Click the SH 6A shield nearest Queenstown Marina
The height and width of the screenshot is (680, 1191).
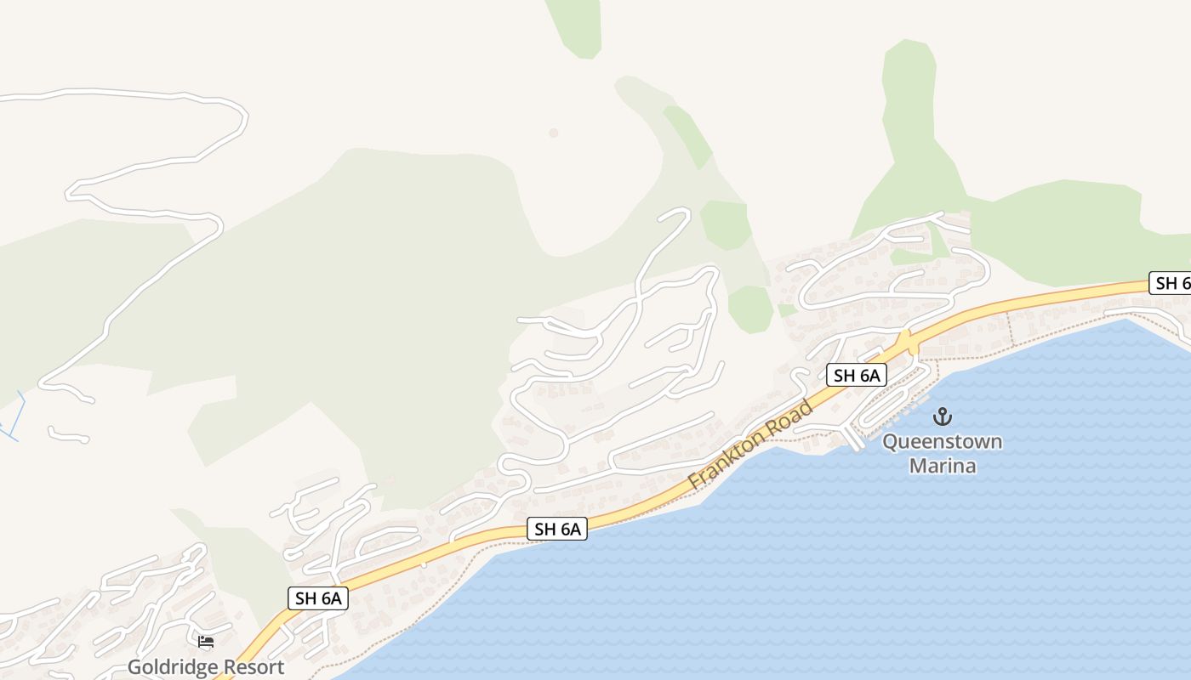click(x=857, y=375)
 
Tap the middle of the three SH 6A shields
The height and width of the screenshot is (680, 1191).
click(x=557, y=529)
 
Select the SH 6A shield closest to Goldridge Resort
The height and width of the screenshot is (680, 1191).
click(x=318, y=598)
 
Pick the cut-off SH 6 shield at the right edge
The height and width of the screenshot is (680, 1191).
click(x=1171, y=283)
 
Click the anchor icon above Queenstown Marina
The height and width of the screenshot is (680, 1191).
click(x=942, y=416)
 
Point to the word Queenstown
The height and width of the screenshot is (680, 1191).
click(x=942, y=442)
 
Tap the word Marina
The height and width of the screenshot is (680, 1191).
click(x=942, y=466)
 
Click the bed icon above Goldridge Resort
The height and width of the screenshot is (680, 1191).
click(x=206, y=642)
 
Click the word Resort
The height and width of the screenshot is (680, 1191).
click(x=254, y=667)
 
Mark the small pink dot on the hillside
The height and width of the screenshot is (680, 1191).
click(x=553, y=133)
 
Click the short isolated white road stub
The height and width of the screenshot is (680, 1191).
click(x=68, y=435)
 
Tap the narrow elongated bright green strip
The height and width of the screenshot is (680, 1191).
click(x=687, y=136)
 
